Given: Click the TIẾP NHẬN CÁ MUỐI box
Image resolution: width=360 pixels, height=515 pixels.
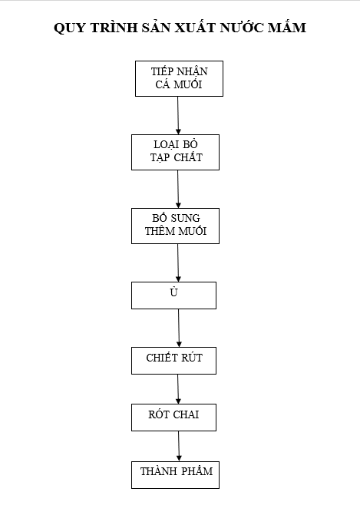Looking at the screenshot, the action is pyautogui.click(x=179, y=78).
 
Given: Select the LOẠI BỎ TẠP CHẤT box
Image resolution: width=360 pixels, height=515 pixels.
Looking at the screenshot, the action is pyautogui.click(x=176, y=152).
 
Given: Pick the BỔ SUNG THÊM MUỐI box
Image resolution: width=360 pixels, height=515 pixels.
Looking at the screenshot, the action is pyautogui.click(x=176, y=226).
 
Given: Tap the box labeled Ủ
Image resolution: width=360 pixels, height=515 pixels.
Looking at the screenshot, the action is pyautogui.click(x=173, y=295).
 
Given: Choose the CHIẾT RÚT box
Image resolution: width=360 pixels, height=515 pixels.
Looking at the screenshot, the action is pyautogui.click(x=173, y=361).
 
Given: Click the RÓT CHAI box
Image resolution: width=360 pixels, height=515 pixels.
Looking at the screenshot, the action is pyautogui.click(x=173, y=418).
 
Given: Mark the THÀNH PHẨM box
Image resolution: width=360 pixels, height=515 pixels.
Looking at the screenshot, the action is pyautogui.click(x=176, y=475).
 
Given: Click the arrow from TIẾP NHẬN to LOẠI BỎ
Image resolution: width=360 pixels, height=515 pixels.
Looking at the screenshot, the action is pyautogui.click(x=178, y=115).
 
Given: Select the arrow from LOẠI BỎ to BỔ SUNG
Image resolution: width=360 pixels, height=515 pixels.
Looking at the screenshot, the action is pyautogui.click(x=178, y=189).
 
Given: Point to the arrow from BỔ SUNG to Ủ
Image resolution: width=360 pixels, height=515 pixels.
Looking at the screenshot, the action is pyautogui.click(x=178, y=262).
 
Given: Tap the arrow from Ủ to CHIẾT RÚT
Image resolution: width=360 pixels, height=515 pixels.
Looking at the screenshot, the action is pyautogui.click(x=179, y=328).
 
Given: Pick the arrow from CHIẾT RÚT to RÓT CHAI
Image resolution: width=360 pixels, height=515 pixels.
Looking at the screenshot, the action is pyautogui.click(x=178, y=389).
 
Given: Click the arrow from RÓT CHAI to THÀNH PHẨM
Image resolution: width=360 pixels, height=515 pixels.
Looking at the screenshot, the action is pyautogui.click(x=179, y=447).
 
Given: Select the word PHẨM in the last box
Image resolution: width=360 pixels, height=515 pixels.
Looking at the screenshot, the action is pyautogui.click(x=197, y=471).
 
